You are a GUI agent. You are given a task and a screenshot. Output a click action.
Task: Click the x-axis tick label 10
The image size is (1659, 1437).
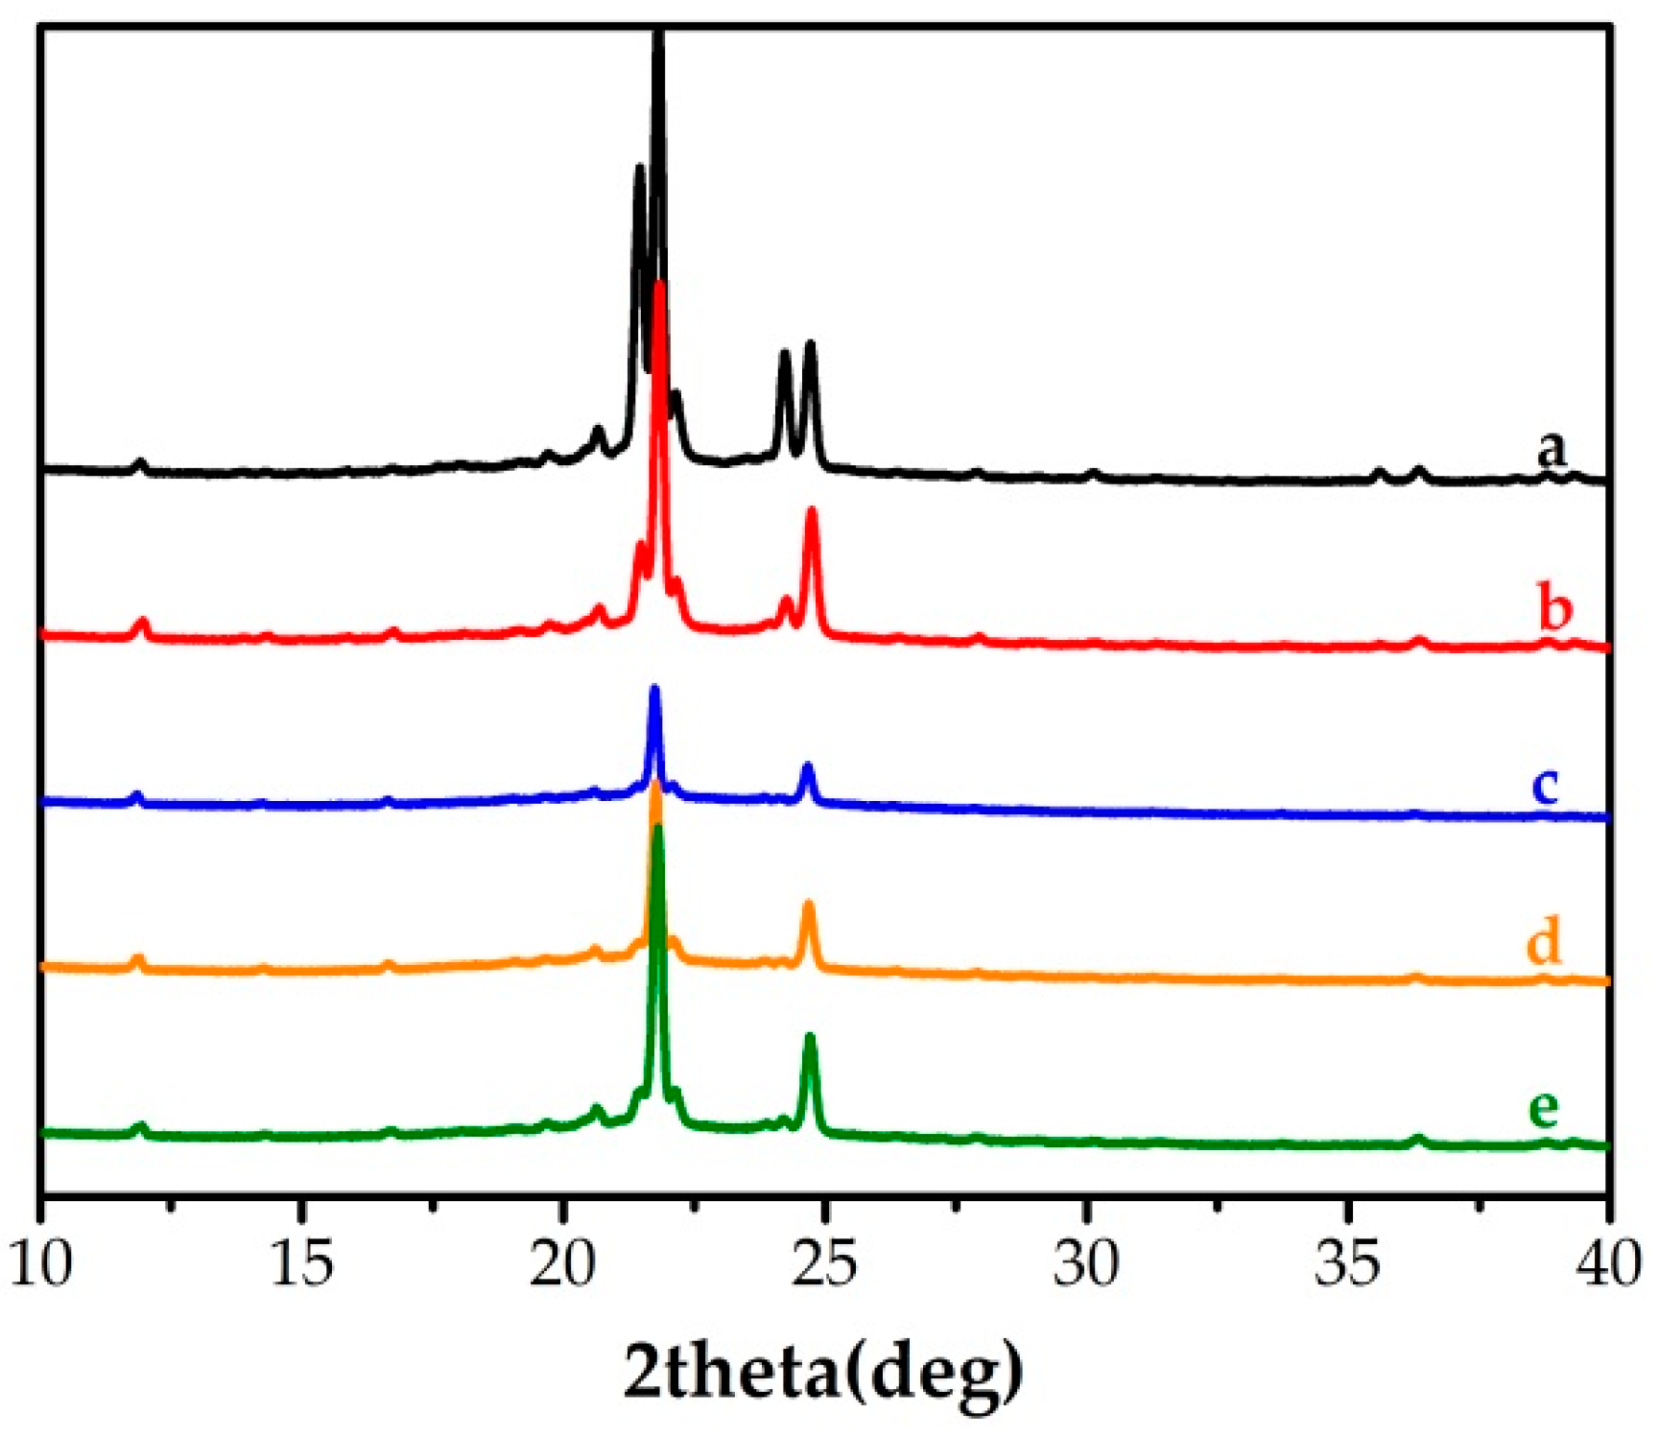[42, 1264]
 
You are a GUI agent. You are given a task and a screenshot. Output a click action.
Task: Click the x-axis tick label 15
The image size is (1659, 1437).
[302, 1264]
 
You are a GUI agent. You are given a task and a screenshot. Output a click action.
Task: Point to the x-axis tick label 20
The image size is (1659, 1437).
[563, 1264]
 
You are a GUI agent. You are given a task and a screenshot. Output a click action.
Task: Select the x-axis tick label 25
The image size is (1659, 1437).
[824, 1264]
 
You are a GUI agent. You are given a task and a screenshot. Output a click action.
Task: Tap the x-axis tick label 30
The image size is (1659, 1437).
[1085, 1264]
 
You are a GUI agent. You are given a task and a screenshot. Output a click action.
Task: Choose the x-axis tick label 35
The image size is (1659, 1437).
[1347, 1264]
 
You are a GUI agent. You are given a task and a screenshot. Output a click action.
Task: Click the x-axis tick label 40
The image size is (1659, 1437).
[1607, 1264]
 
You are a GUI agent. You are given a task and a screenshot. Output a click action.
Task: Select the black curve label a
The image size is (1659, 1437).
[1551, 449]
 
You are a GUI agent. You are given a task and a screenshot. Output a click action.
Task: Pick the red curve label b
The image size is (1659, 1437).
[1555, 608]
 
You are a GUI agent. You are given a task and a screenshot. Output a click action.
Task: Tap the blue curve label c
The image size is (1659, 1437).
[1545, 785]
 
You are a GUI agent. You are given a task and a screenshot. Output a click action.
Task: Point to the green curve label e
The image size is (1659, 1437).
[1543, 1108]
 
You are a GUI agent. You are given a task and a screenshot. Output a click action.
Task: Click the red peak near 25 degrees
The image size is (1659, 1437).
[812, 513]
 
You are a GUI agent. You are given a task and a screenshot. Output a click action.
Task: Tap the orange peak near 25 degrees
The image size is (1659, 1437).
[809, 907]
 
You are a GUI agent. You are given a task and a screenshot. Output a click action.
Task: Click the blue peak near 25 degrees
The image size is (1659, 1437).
[807, 768]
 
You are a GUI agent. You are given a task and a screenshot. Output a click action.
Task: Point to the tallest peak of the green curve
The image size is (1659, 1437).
[657, 831]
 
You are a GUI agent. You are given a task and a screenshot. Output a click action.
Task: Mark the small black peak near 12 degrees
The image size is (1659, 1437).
[141, 464]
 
